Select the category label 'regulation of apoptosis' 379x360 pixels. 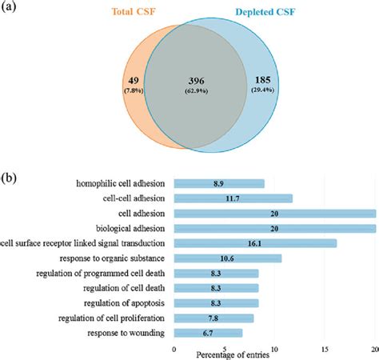[122, 303]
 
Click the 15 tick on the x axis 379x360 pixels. [325, 348]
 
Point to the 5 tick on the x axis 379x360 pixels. [225, 348]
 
